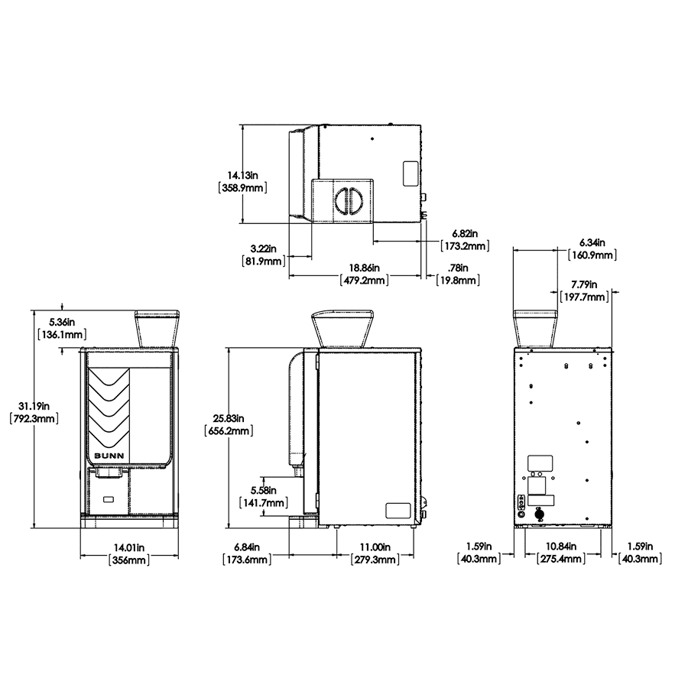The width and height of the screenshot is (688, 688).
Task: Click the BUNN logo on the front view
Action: pos(109,456)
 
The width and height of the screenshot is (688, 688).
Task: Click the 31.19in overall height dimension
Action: pos(34,413)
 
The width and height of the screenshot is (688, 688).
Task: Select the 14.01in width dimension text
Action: pos(129,553)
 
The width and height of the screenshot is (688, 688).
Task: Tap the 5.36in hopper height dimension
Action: pos(62,328)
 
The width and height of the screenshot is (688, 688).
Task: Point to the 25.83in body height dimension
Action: pos(229,425)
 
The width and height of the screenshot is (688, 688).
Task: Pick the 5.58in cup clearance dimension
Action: pos(263,496)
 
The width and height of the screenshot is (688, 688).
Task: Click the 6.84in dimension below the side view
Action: pos(247,553)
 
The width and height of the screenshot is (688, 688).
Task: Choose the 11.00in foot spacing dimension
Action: pos(375,553)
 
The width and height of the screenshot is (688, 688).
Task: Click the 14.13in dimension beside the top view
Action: pos(242,182)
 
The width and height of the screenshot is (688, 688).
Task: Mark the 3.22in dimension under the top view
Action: pos(263,255)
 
